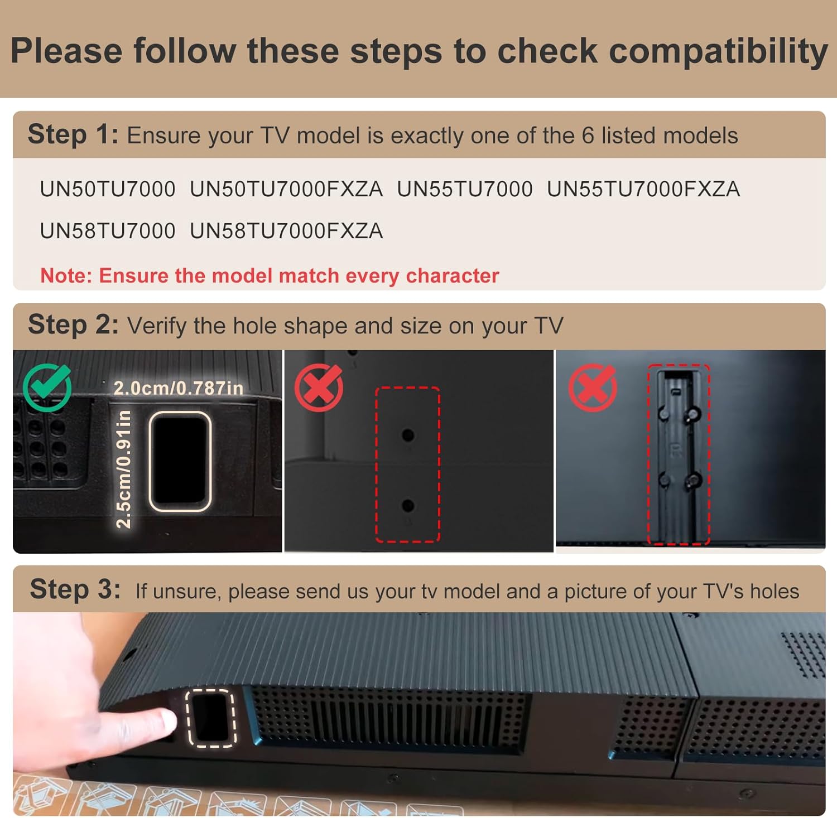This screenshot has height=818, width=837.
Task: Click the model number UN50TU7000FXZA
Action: pos(286,190)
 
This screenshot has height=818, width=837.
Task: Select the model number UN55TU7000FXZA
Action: pos(643,190)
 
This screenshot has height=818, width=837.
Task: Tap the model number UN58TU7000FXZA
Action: pos(286,231)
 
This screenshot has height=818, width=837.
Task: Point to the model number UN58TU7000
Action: pos(108,231)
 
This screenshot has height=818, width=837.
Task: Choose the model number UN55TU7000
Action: pos(465,190)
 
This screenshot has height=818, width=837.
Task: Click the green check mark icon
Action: pos(47,387)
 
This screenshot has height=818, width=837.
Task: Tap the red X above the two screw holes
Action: pos(319,387)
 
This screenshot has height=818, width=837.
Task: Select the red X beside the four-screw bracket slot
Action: pos(592,387)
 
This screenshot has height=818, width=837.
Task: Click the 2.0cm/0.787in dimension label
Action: pos(179,388)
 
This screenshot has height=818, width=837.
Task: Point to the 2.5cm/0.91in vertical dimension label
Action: pos(123,469)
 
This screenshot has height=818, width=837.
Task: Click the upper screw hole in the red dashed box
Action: pos(408,435)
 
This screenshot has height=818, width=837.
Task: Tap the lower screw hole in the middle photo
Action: pos(408,506)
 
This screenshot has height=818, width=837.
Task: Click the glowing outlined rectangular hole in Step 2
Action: pos(180,461)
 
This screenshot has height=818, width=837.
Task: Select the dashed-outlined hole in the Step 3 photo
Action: pos(211,718)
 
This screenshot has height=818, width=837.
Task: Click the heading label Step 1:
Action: pos(73,135)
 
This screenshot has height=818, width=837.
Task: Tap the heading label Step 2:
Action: pos(73,325)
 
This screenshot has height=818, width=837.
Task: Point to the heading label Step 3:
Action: pos(75,590)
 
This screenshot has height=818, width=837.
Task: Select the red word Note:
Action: pos(66,276)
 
